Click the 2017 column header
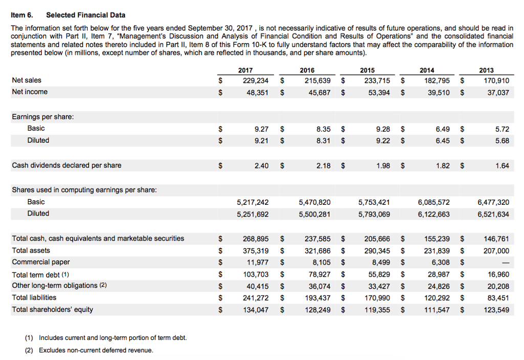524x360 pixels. pos(245,70)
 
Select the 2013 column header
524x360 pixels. pos(486,70)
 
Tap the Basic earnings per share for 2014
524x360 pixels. pos(440,129)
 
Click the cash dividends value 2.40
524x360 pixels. pos(260,165)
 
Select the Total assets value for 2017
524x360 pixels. pos(255,250)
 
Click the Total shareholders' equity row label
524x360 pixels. pos(53,309)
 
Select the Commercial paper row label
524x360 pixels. pos(41,262)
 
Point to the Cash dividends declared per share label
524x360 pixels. pos(67,165)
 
